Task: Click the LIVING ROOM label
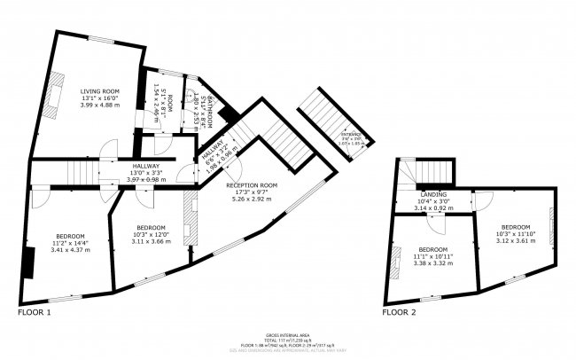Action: [x=98, y=91]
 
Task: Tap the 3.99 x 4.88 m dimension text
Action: [x=98, y=106]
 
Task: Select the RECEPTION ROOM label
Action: [x=252, y=184]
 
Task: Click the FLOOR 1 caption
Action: [x=35, y=313]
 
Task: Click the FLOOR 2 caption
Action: [x=399, y=313]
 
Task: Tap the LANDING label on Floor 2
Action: [x=433, y=193]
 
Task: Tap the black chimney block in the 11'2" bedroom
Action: [x=29, y=262]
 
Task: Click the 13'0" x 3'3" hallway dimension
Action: [x=146, y=173]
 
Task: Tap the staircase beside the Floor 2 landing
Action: [x=433, y=170]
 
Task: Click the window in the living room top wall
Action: [x=100, y=39]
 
